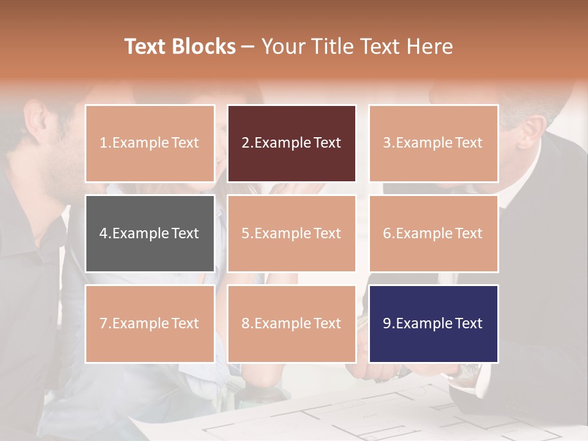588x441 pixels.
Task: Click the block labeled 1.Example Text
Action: pyautogui.click(x=149, y=143)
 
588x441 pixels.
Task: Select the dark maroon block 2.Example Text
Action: pyautogui.click(x=292, y=143)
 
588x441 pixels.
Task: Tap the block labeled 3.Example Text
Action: pyautogui.click(x=433, y=143)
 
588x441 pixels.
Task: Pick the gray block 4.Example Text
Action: pyautogui.click(x=149, y=233)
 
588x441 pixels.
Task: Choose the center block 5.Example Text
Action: pyautogui.click(x=292, y=233)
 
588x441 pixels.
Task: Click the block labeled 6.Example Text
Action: pyautogui.click(x=433, y=233)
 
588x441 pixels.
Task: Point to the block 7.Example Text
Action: pyautogui.click(x=149, y=323)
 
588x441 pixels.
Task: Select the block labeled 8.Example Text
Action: pyautogui.click(x=292, y=323)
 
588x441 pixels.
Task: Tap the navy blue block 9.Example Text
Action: pyautogui.click(x=433, y=323)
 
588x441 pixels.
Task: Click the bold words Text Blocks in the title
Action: pyautogui.click(x=180, y=47)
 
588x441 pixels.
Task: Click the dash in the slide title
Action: pyautogui.click(x=248, y=47)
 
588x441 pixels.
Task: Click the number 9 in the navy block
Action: pyautogui.click(x=387, y=323)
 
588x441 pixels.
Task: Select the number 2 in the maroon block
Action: pyautogui.click(x=246, y=143)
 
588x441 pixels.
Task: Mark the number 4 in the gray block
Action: pyautogui.click(x=104, y=233)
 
